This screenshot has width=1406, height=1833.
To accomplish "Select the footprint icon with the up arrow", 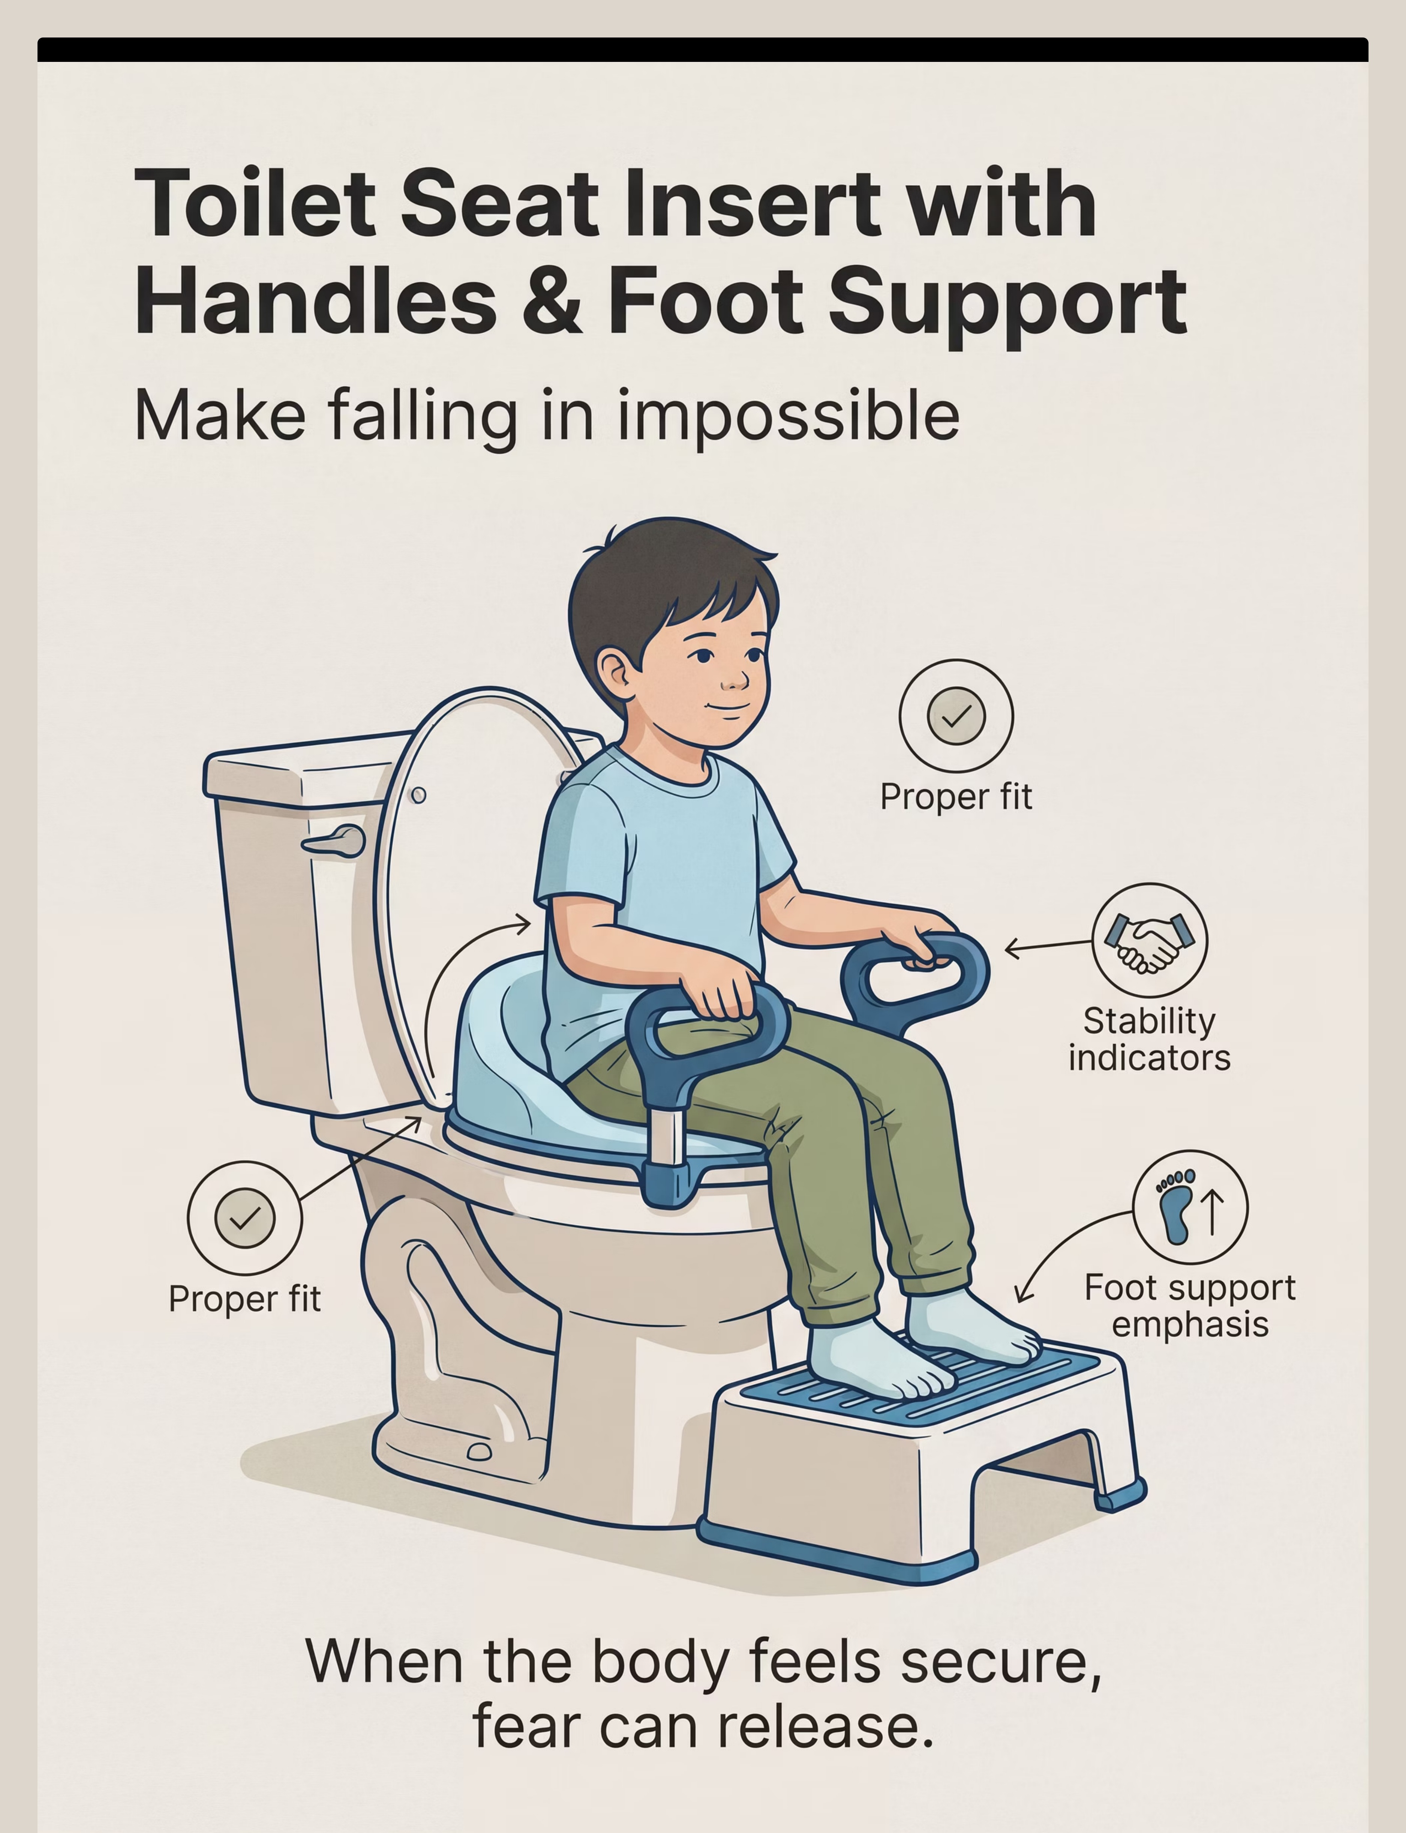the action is click(x=1189, y=1207).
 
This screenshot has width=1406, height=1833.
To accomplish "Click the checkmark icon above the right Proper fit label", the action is click(x=956, y=716).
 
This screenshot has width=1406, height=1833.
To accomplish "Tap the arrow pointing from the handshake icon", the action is click(x=1048, y=947).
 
